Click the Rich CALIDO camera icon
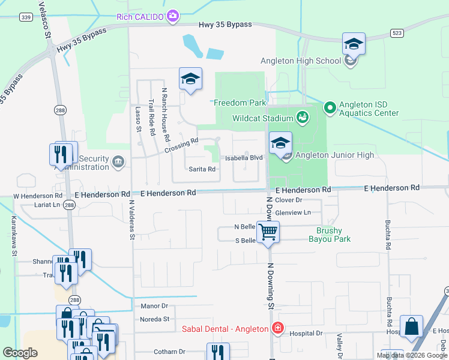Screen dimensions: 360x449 pyautogui.click(x=173, y=16)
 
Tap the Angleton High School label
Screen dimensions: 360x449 pyautogui.click(x=301, y=61)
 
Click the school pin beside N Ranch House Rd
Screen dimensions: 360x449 pyautogui.click(x=190, y=79)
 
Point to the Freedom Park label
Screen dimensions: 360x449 pyautogui.click(x=240, y=103)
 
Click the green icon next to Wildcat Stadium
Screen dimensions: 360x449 pyautogui.click(x=303, y=117)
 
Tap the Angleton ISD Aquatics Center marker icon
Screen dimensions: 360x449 pyautogui.click(x=330, y=108)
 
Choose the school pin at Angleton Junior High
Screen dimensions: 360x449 pyautogui.click(x=280, y=143)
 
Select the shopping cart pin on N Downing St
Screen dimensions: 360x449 pyautogui.click(x=268, y=230)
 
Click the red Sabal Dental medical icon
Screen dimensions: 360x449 pyautogui.click(x=277, y=328)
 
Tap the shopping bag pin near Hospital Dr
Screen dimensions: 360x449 pyautogui.click(x=411, y=327)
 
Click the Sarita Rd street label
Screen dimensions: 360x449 pyautogui.click(x=202, y=169)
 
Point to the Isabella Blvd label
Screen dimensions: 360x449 pyautogui.click(x=244, y=157)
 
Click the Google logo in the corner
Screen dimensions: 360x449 pyautogui.click(x=20, y=353)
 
